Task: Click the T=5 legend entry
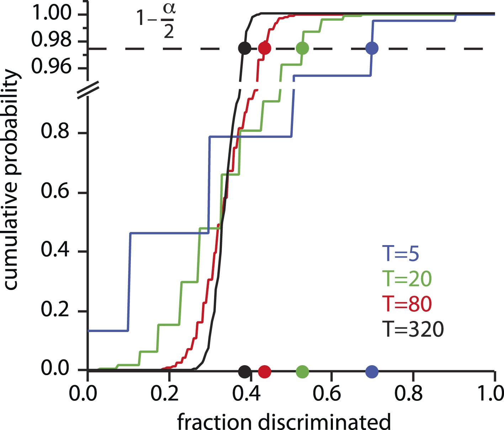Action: coord(400,254)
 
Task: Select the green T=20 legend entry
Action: coord(407,279)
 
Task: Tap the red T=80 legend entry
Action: coord(407,304)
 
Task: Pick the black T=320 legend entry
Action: coord(414,329)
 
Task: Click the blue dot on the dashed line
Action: coord(372,48)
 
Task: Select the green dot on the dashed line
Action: coord(302,48)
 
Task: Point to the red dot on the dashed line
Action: coord(265,48)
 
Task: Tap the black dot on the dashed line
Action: coord(244,48)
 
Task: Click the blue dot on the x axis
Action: coord(372,372)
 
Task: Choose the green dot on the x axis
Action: coord(302,372)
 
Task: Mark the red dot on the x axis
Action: coord(265,372)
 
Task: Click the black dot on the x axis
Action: coord(244,372)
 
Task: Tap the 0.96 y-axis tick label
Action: coord(52,66)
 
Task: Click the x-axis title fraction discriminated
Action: coord(284,421)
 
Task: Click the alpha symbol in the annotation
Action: coord(170,10)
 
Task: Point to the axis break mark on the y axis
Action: coord(87,90)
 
